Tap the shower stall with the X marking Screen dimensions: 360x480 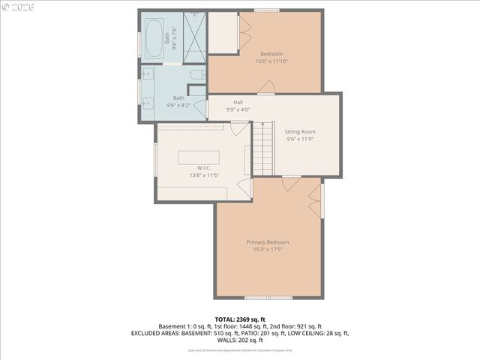click(x=194, y=37)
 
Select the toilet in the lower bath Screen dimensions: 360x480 click(x=195, y=75)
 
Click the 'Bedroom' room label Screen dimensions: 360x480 click(x=271, y=54)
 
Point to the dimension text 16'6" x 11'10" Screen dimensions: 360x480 click(x=271, y=61)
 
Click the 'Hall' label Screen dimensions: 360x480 click(x=238, y=102)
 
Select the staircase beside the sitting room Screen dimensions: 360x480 click(x=262, y=148)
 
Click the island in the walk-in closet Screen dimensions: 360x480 click(x=199, y=157)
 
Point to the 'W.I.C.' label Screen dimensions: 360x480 click(x=203, y=168)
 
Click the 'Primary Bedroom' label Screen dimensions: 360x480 click(x=268, y=242)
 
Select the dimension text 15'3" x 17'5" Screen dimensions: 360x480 click(x=268, y=250)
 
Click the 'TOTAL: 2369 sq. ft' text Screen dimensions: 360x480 click(x=240, y=319)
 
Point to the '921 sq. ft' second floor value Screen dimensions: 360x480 click(x=307, y=326)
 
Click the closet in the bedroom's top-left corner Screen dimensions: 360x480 click(x=223, y=31)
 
